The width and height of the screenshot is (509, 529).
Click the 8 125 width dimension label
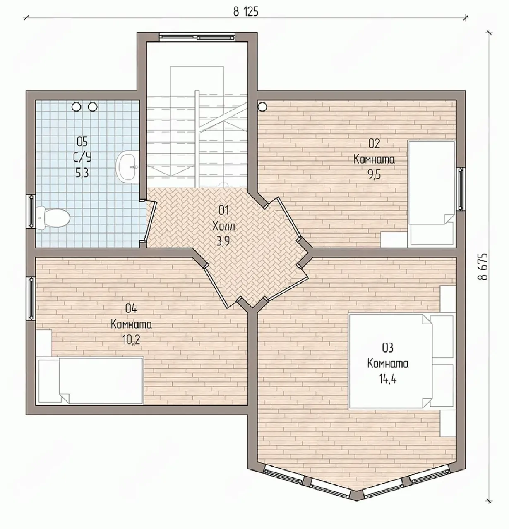[245, 12]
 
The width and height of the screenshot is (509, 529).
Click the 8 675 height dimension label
[483, 267]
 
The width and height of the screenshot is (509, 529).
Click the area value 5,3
[82, 173]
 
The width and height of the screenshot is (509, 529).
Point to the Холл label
[223, 226]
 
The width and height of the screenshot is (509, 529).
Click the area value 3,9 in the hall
[223, 241]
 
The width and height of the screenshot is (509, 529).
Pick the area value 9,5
[374, 174]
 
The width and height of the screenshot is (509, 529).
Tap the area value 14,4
[388, 379]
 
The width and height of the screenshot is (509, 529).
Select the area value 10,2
[131, 340]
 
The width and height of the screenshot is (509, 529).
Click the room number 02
[374, 143]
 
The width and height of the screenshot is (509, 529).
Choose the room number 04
[131, 309]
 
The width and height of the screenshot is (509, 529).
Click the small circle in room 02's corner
[262, 107]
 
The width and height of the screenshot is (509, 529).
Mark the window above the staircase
[197, 37]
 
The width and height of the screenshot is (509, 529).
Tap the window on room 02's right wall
[461, 189]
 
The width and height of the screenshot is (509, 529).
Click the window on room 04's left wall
[31, 298]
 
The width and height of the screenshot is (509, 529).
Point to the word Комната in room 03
[388, 363]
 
